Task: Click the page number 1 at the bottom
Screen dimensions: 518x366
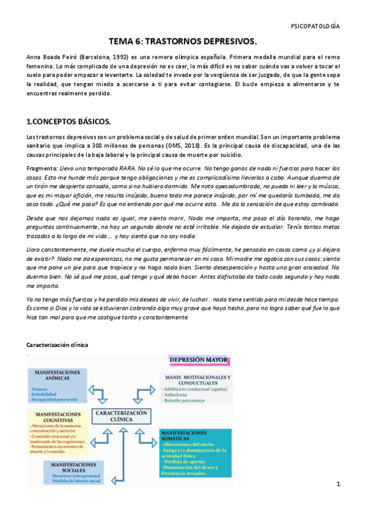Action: (x=337, y=484)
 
